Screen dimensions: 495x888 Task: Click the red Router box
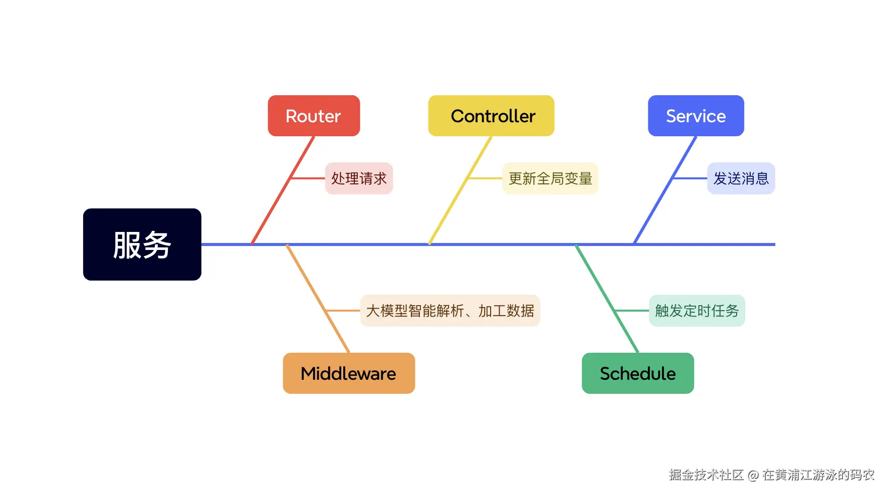click(314, 116)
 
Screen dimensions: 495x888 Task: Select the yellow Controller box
click(491, 116)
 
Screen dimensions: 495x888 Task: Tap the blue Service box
click(696, 116)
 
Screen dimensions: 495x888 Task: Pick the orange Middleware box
click(349, 373)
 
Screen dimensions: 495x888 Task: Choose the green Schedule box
click(637, 373)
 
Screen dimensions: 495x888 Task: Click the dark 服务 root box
click(142, 244)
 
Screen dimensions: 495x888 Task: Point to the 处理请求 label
click(359, 178)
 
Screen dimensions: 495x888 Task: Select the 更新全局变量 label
click(550, 178)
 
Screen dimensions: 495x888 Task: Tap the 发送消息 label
click(741, 178)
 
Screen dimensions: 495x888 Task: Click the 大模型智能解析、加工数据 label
click(450, 311)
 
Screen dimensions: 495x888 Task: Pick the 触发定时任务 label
click(697, 311)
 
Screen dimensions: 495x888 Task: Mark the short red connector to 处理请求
click(308, 178)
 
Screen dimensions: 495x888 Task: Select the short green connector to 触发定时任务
click(631, 311)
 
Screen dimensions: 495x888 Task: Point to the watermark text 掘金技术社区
click(706, 475)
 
